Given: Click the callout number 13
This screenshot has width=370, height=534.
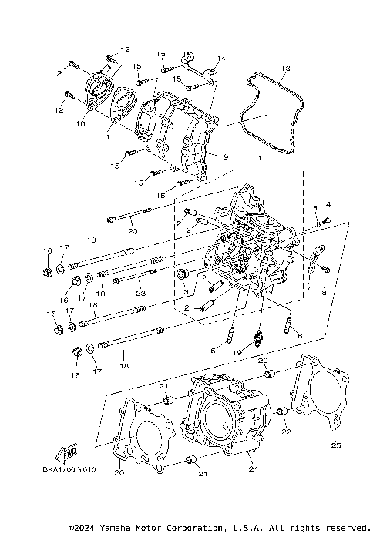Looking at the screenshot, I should click(284, 69).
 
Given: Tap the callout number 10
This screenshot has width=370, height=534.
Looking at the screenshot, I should click(79, 123).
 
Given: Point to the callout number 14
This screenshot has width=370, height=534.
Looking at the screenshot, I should click(220, 58).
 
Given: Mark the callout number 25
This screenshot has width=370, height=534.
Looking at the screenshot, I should click(335, 445).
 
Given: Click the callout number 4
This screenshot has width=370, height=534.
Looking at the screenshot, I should click(328, 204).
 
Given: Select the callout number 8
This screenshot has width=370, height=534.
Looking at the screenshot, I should click(324, 294).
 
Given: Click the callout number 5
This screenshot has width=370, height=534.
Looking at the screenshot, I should click(315, 208).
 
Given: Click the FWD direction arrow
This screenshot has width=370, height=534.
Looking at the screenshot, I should click(67, 453).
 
